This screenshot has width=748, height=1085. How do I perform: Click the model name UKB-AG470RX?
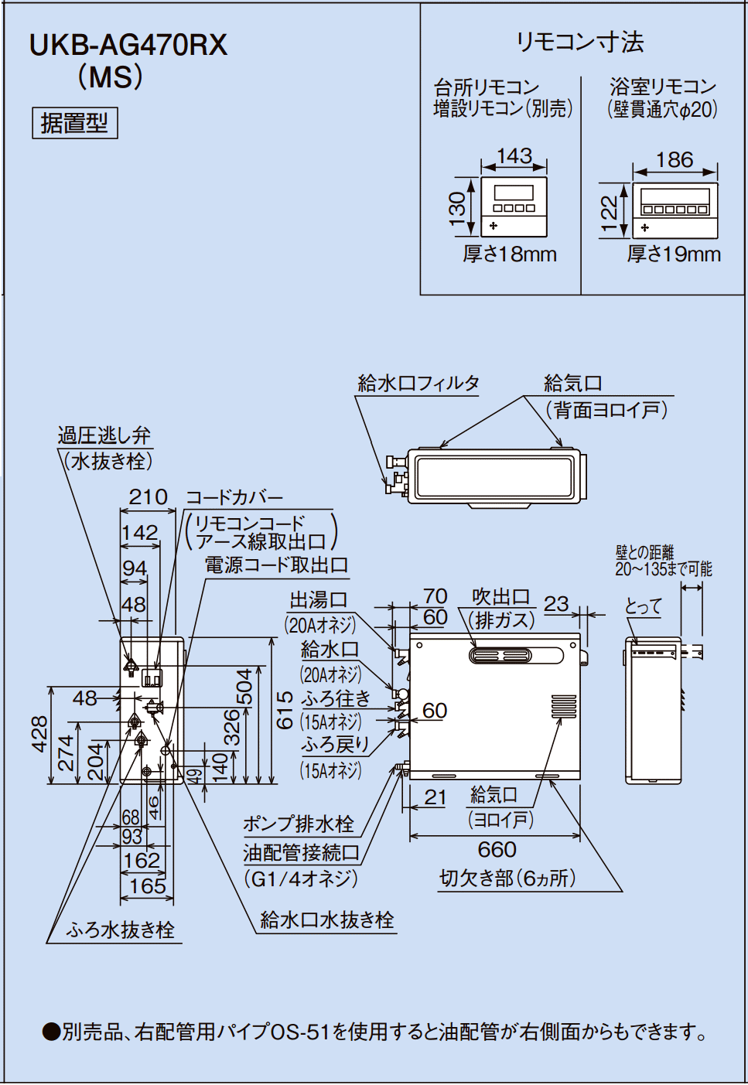(128, 46)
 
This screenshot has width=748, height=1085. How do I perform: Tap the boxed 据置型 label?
(75, 123)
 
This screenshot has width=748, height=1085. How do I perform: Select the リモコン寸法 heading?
(580, 42)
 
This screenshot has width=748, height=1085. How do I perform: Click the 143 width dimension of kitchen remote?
(514, 156)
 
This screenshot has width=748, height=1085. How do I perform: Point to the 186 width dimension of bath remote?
(675, 160)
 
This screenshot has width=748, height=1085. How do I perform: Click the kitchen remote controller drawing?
(514, 207)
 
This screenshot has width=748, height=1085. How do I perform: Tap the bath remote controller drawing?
(675, 210)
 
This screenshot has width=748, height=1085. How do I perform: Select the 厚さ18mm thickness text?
(510, 254)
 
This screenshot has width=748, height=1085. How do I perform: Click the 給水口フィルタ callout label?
(418, 384)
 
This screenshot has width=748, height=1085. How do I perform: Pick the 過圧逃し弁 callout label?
(104, 435)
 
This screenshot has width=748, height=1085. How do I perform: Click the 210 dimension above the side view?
(148, 497)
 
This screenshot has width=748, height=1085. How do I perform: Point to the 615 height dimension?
(285, 710)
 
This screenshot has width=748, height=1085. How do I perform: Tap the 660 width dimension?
(497, 850)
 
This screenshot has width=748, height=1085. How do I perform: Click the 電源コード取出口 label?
(276, 565)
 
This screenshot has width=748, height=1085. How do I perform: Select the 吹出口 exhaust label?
(501, 597)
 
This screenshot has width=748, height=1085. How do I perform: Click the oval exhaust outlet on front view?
(500, 656)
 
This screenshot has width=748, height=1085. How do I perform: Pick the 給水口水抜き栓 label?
(327, 920)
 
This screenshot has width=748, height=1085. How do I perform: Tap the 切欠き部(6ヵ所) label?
(507, 879)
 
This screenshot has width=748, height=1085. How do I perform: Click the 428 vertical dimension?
(39, 734)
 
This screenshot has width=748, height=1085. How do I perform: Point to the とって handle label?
(644, 606)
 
